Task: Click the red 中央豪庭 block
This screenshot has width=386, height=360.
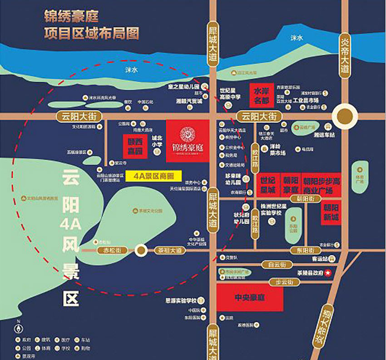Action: pos(249,298)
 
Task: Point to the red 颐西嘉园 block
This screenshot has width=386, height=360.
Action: pos(136,146)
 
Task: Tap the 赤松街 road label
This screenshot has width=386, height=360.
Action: pos(111,250)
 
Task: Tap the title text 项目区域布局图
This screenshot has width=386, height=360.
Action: pos(91,33)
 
